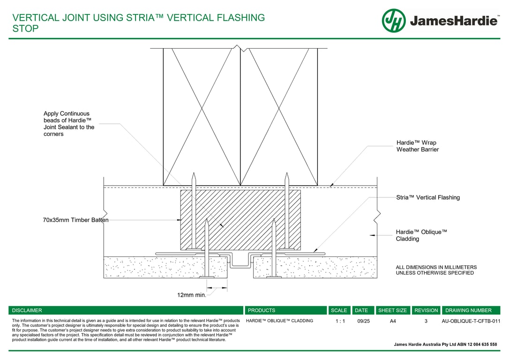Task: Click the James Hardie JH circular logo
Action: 393,21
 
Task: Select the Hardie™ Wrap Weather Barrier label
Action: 417,146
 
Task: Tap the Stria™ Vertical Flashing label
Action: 427,197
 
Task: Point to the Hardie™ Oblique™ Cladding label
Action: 421,235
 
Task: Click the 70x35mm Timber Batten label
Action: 75,220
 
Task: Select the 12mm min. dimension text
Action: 191,295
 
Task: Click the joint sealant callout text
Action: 69,124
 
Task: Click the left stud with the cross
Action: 202,117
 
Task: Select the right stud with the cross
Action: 279,117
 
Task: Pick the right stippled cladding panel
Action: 314,267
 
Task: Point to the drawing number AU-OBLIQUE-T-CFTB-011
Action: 471,321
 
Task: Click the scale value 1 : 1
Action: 340,321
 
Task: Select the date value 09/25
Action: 363,321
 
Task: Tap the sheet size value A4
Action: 393,321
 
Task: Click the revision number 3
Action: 426,321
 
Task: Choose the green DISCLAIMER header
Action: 126,310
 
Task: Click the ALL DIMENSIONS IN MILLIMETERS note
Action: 436,270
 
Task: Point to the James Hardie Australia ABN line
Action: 445,344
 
